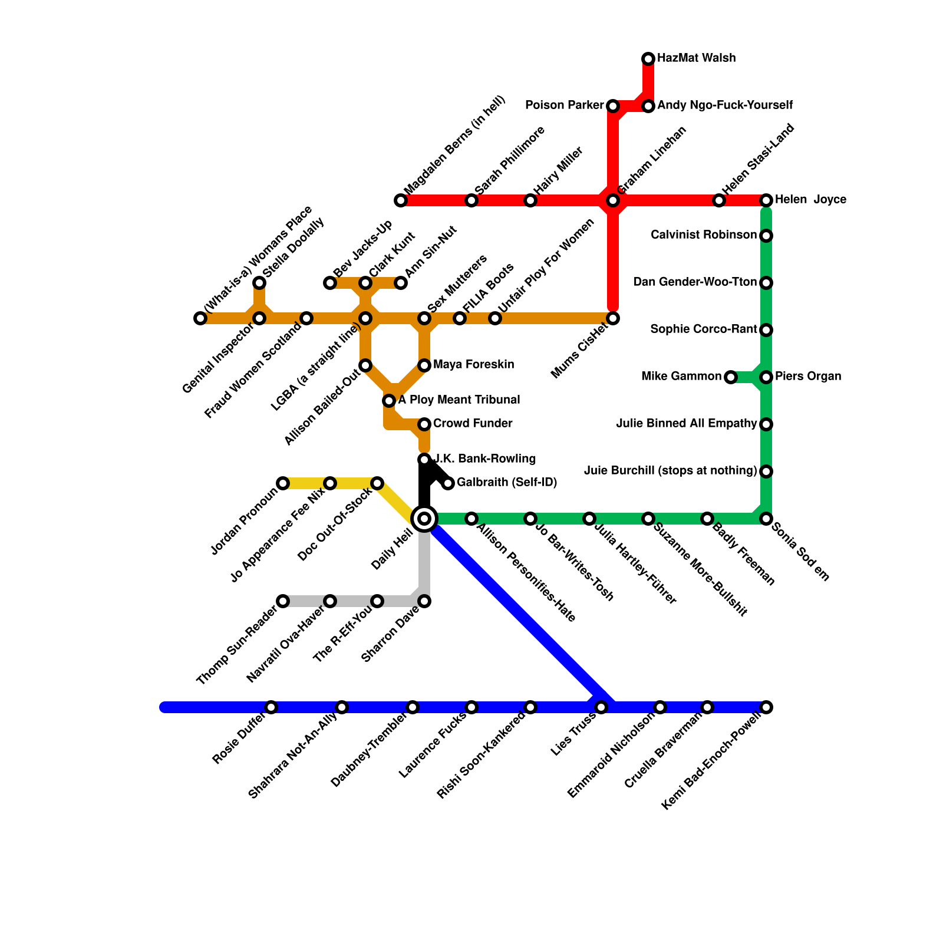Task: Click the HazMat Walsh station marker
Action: click(x=648, y=58)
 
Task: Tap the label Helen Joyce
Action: click(x=810, y=200)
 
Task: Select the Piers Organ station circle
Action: click(x=766, y=377)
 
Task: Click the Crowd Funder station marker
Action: click(x=424, y=424)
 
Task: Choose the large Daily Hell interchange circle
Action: click(x=424, y=519)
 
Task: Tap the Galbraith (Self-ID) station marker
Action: click(x=448, y=483)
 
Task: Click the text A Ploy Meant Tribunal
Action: click(x=459, y=400)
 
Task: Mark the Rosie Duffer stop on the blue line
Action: click(x=271, y=707)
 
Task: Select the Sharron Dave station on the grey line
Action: click(x=424, y=601)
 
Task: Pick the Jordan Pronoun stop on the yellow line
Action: click(x=283, y=483)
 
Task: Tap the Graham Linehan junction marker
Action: click(x=613, y=200)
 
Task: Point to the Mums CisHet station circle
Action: click(x=613, y=318)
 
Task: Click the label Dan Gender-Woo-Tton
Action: click(x=695, y=282)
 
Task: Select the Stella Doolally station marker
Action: click(x=259, y=283)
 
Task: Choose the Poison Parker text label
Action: click(x=564, y=105)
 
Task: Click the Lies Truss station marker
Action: click(x=601, y=707)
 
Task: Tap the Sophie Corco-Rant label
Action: click(x=703, y=329)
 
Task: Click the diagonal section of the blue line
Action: click(x=519, y=613)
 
